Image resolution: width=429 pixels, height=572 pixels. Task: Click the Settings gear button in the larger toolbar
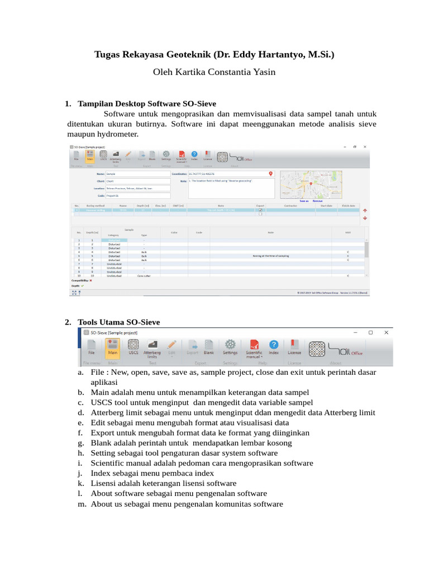click(230, 347)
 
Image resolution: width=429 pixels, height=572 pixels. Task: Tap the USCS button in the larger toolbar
click(133, 347)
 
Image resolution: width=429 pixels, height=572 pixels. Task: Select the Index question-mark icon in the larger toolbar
click(274, 347)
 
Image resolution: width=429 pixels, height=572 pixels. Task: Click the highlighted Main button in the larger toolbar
click(112, 347)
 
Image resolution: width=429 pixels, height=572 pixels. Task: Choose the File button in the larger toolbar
click(91, 347)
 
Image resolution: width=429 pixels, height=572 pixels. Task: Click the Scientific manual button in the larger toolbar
click(254, 348)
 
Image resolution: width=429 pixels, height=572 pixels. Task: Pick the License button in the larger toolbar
click(294, 347)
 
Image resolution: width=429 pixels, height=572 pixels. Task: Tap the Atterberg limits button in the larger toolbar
click(152, 348)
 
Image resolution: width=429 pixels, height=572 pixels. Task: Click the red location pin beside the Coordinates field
click(271, 174)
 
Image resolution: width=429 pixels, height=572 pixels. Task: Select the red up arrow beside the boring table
click(365, 211)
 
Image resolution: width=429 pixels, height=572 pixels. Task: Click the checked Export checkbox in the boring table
click(260, 210)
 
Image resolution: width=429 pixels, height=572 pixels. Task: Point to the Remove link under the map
click(317, 201)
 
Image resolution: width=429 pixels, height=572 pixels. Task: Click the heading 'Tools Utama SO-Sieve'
click(119, 322)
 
